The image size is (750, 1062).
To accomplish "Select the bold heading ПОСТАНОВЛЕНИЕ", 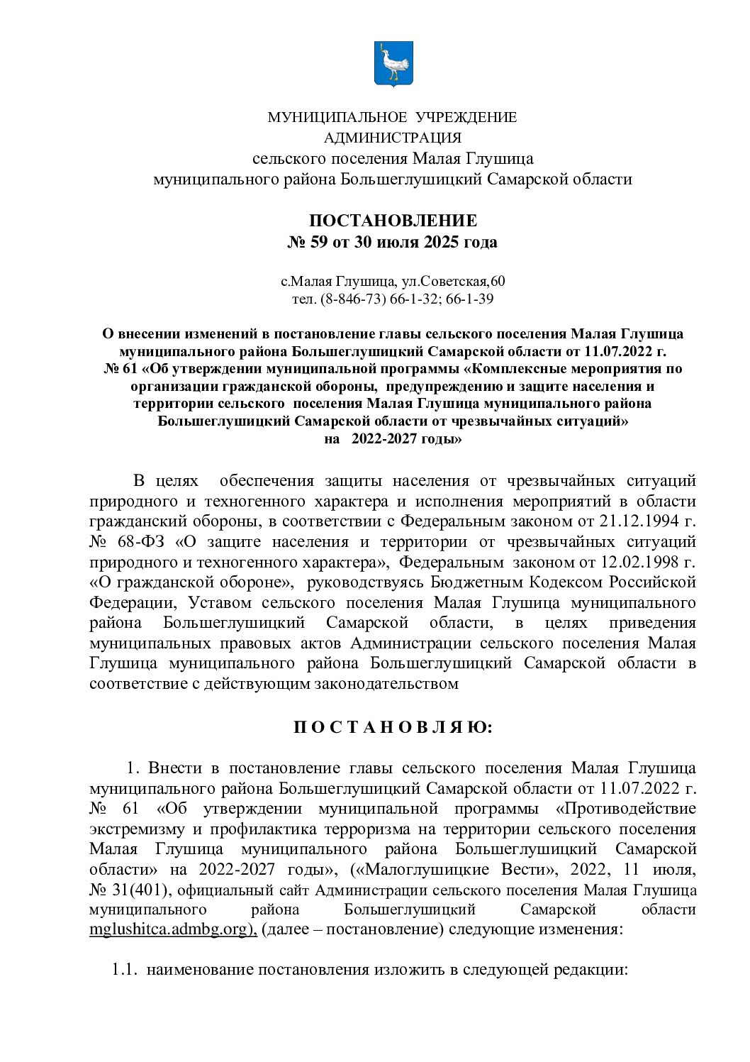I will click(392, 221).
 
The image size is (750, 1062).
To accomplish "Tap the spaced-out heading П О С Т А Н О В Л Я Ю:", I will click(392, 729).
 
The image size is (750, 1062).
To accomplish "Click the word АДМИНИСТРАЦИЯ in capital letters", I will click(392, 137).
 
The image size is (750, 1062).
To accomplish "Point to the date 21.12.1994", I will click(636, 522).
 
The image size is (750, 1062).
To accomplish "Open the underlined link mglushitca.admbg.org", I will click(172, 930).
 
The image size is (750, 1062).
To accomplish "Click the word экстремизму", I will click(135, 829).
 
